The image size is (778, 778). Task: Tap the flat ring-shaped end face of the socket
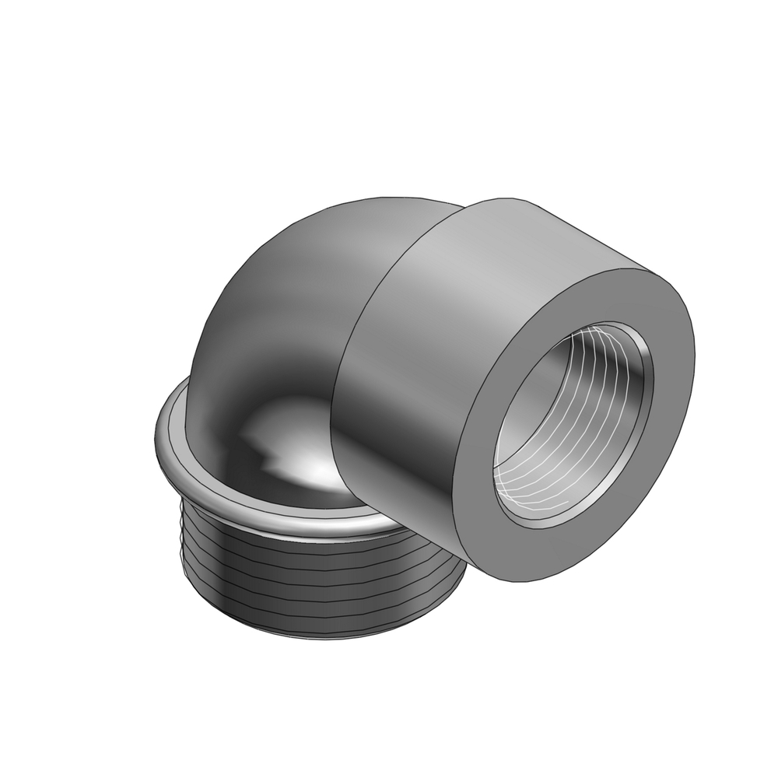[x=669, y=467]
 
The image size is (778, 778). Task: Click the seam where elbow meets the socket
[x=342, y=373]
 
